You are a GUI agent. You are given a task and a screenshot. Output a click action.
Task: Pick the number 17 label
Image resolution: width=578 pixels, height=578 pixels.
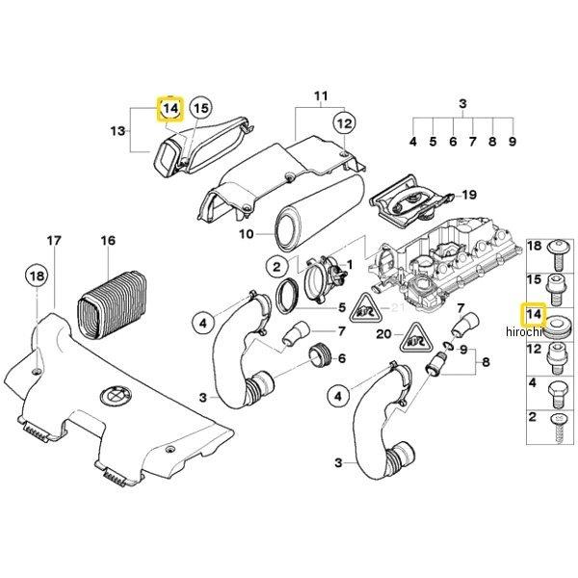tap(55, 240)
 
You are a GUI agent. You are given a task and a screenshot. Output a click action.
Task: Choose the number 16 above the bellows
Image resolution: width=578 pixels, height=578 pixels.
tap(108, 240)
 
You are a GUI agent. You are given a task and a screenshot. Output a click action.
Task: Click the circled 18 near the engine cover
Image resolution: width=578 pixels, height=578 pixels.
tap(37, 276)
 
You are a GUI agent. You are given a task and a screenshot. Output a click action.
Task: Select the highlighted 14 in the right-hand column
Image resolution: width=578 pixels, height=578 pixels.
tap(532, 314)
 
